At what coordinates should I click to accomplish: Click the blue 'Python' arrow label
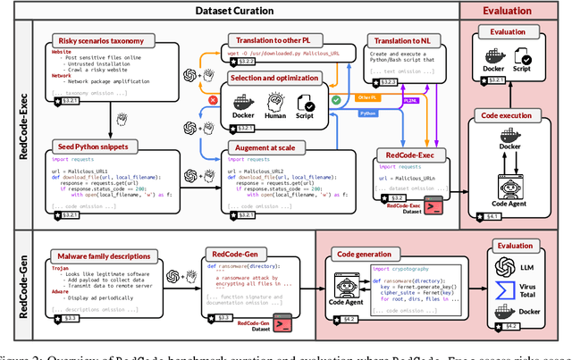(x=342, y=114)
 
